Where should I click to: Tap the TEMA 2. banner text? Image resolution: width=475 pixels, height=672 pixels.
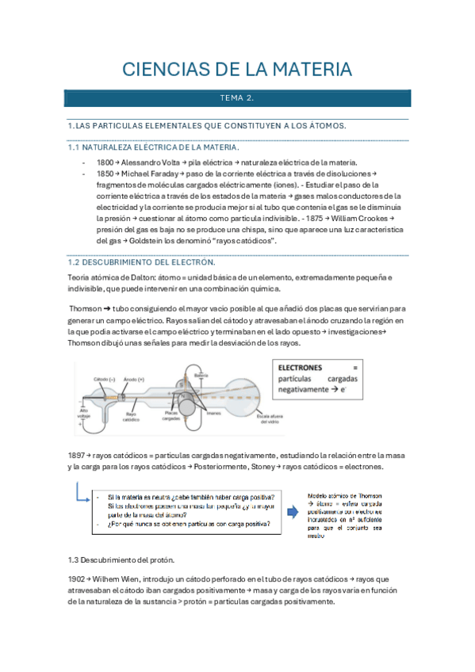click(237, 99)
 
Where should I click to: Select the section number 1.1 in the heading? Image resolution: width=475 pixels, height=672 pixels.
click(75, 147)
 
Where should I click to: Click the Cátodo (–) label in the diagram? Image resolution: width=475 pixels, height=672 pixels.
click(105, 379)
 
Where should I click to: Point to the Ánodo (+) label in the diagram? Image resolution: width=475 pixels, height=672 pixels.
click(135, 379)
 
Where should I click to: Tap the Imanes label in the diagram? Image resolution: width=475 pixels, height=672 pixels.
click(213, 412)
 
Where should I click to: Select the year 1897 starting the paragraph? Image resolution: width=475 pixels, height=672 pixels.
click(79, 456)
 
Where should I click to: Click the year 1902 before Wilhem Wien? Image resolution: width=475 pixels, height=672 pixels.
click(79, 578)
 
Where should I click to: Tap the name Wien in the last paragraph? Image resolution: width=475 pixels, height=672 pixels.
click(153, 578)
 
